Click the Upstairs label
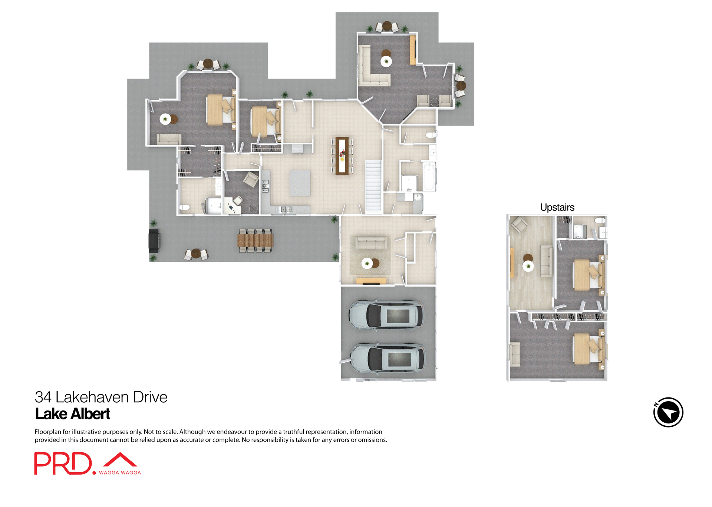[557, 207]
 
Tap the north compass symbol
[668, 412]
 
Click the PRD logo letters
[63, 463]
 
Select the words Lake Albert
[73, 414]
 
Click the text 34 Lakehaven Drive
[101, 397]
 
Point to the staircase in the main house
[373, 187]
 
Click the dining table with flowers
[342, 156]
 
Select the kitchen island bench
[300, 183]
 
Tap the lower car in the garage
[388, 359]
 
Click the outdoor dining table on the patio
[255, 241]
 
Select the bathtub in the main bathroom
[429, 177]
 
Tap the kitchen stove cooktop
[265, 186]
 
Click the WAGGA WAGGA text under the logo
[120, 472]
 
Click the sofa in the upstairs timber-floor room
[547, 261]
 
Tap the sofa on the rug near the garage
[371, 243]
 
